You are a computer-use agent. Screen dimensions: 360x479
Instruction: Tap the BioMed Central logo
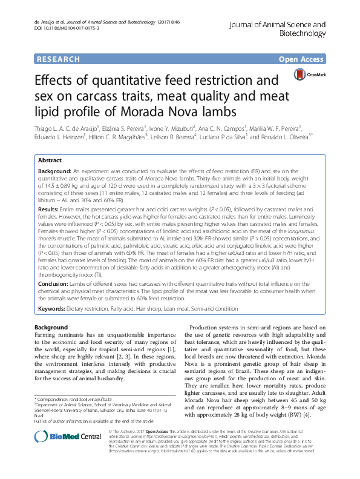click(x=59, y=454)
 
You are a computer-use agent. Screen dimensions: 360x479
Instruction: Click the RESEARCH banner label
click(x=58, y=59)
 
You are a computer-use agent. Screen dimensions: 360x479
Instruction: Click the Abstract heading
click(x=50, y=160)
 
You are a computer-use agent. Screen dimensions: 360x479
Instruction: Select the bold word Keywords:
click(x=54, y=309)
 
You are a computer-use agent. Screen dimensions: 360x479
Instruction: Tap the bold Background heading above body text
click(x=51, y=327)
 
